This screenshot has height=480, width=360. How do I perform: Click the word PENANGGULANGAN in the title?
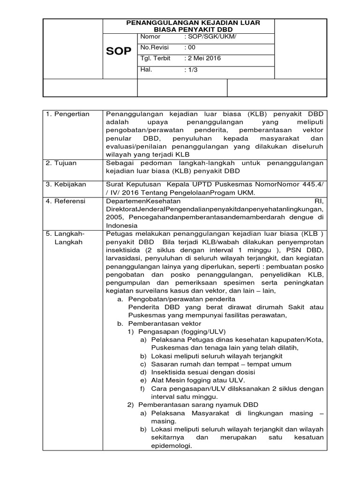(159, 22)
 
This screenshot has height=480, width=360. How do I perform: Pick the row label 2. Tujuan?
(63, 163)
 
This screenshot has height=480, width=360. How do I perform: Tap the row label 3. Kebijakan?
(66, 185)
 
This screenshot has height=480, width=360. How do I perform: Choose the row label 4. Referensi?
(66, 201)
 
